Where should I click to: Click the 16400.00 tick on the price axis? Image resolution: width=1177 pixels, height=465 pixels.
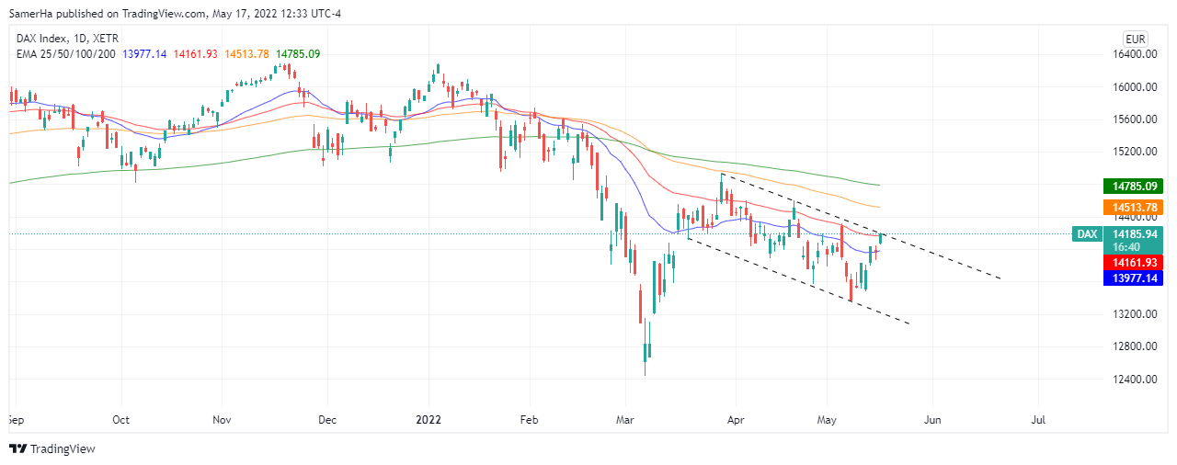click(1130, 54)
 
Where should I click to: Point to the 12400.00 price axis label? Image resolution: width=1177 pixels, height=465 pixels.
click(1130, 379)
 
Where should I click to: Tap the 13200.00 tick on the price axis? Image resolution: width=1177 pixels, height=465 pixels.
click(1130, 314)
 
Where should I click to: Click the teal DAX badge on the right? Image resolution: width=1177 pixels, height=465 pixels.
click(1087, 234)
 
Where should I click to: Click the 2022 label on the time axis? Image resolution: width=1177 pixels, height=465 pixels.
click(429, 419)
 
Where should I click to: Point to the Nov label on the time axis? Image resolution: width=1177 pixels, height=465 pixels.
click(222, 419)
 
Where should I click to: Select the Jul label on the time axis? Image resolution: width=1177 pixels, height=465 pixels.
click(1040, 419)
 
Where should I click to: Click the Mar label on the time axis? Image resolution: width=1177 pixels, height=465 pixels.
click(625, 419)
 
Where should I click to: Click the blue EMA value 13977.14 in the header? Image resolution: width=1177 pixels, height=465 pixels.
click(143, 54)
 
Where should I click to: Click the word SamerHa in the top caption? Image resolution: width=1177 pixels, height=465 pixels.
click(33, 13)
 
